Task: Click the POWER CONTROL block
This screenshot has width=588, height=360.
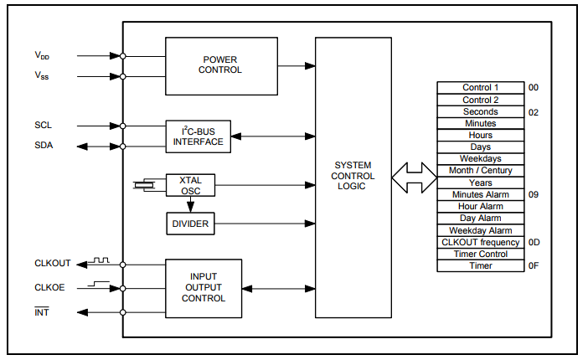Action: coord(221,65)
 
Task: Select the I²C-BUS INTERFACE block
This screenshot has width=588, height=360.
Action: coord(199,136)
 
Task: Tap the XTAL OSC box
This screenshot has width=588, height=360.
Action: coord(190,185)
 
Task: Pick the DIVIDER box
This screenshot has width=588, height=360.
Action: coord(190,224)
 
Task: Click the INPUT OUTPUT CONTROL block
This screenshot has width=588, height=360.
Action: coord(204,288)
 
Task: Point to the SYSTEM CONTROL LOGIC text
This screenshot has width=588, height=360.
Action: coord(353,176)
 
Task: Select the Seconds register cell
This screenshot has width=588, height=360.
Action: coord(480,111)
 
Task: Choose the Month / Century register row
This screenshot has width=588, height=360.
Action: coord(480,171)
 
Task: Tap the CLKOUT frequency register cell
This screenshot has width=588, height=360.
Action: coord(480,242)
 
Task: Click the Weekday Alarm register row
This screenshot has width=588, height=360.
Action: coord(480,230)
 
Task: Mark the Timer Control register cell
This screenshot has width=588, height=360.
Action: coord(480,254)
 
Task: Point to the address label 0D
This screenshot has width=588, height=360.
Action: coord(534,242)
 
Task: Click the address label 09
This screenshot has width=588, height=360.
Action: coord(534,194)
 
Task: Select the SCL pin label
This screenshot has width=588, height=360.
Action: coord(44,126)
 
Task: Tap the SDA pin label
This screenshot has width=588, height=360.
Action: coord(44,146)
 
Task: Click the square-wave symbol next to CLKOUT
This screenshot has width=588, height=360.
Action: coord(101,260)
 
